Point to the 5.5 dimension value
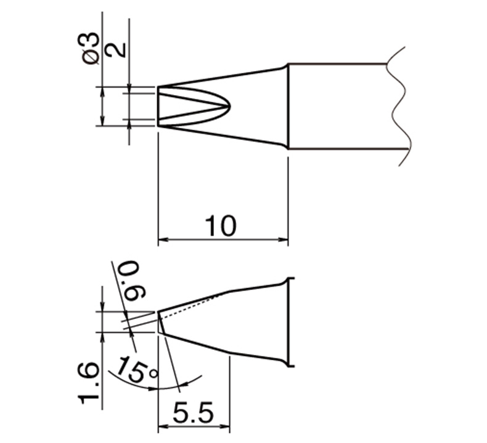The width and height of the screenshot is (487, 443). (x=194, y=413)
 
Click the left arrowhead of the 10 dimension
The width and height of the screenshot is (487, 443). (x=163, y=239)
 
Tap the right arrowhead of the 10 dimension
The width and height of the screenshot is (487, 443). (x=283, y=239)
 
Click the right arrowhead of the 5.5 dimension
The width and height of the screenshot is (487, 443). (x=224, y=426)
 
